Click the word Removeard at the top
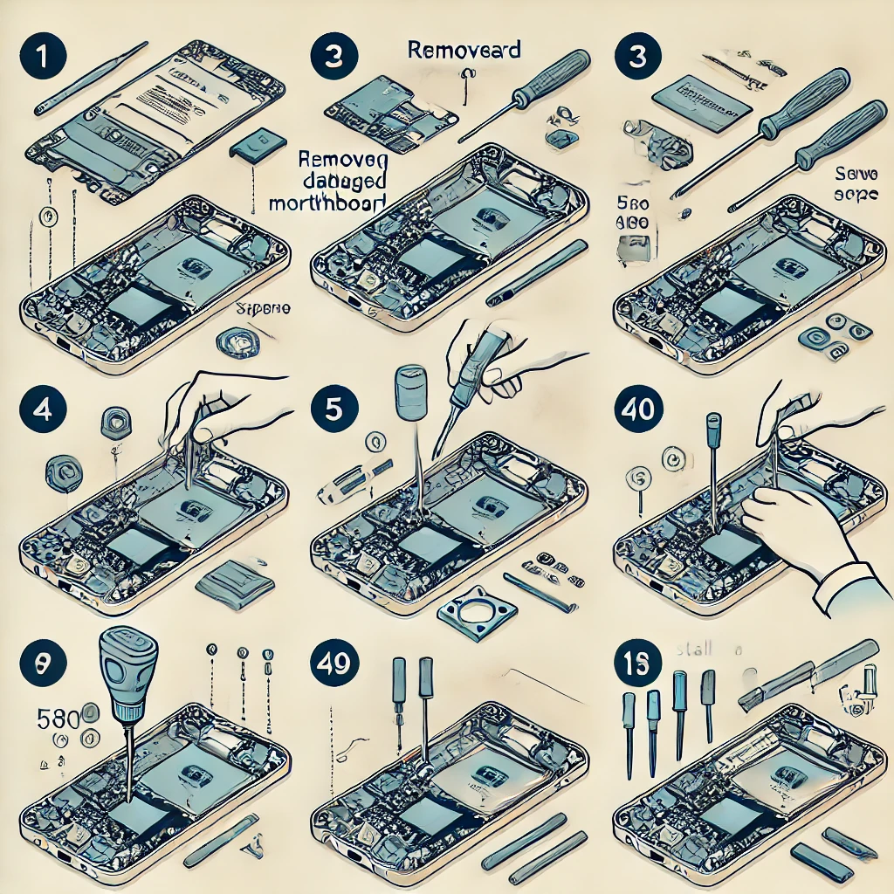point(464,49)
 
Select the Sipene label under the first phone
point(264,308)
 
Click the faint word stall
point(693,649)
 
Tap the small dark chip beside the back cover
point(258,145)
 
